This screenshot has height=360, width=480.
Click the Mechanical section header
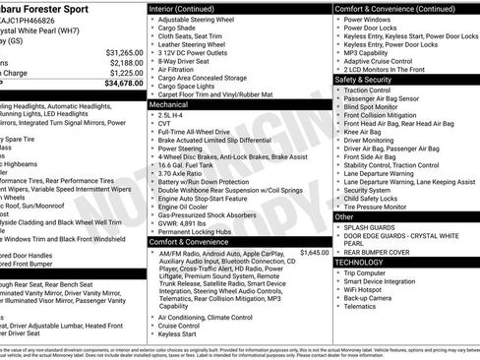pyautogui.click(x=169, y=103)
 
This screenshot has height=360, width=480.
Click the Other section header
pyautogui.click(x=345, y=216)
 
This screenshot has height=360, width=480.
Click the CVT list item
pyautogui.click(x=164, y=125)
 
